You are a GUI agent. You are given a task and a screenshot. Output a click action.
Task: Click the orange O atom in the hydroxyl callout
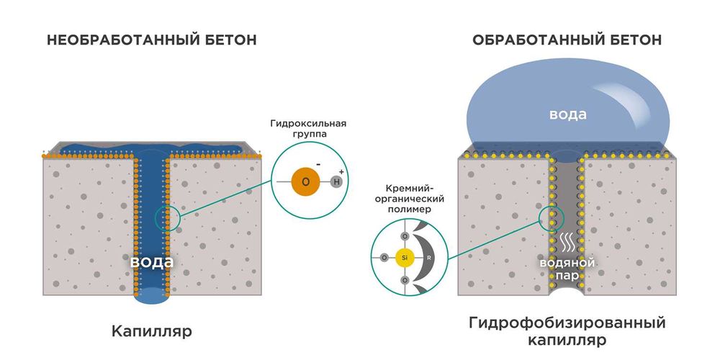(305, 181)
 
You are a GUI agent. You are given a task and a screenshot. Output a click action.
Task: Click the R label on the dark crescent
(429, 257)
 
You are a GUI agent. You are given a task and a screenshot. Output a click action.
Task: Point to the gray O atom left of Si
(384, 257)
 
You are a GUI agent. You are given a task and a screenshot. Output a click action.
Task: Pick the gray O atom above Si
(405, 236)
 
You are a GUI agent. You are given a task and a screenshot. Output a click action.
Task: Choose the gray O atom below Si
(405, 278)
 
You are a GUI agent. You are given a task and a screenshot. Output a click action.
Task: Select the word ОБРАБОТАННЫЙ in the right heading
(531, 40)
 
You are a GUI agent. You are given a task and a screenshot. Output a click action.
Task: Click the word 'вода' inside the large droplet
(568, 114)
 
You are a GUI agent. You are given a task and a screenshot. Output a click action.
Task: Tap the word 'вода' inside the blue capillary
(151, 261)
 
